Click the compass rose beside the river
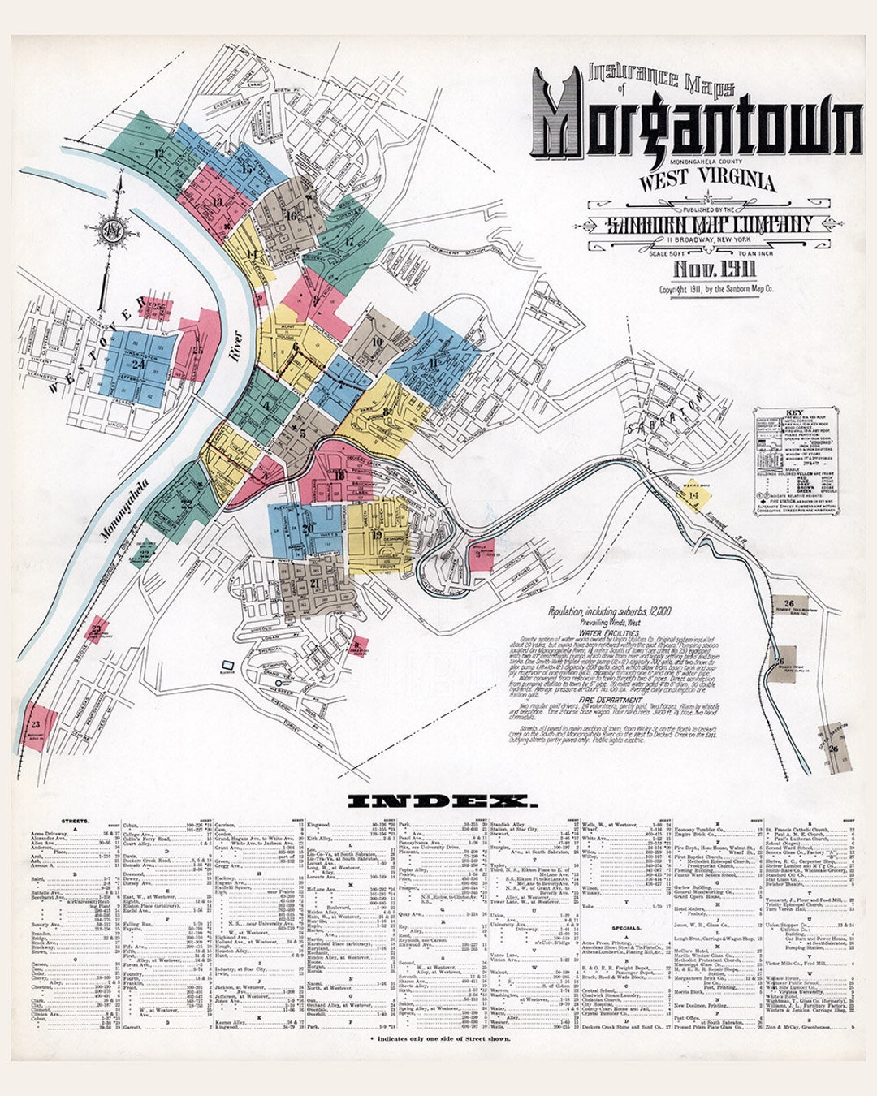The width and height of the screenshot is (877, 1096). (113, 231)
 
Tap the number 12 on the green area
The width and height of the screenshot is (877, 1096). (159, 153)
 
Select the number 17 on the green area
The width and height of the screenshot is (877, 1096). (348, 241)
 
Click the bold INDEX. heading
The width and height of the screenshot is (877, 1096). (443, 802)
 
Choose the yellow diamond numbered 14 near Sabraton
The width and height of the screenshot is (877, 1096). (693, 495)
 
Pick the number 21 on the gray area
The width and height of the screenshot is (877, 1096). (315, 583)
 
